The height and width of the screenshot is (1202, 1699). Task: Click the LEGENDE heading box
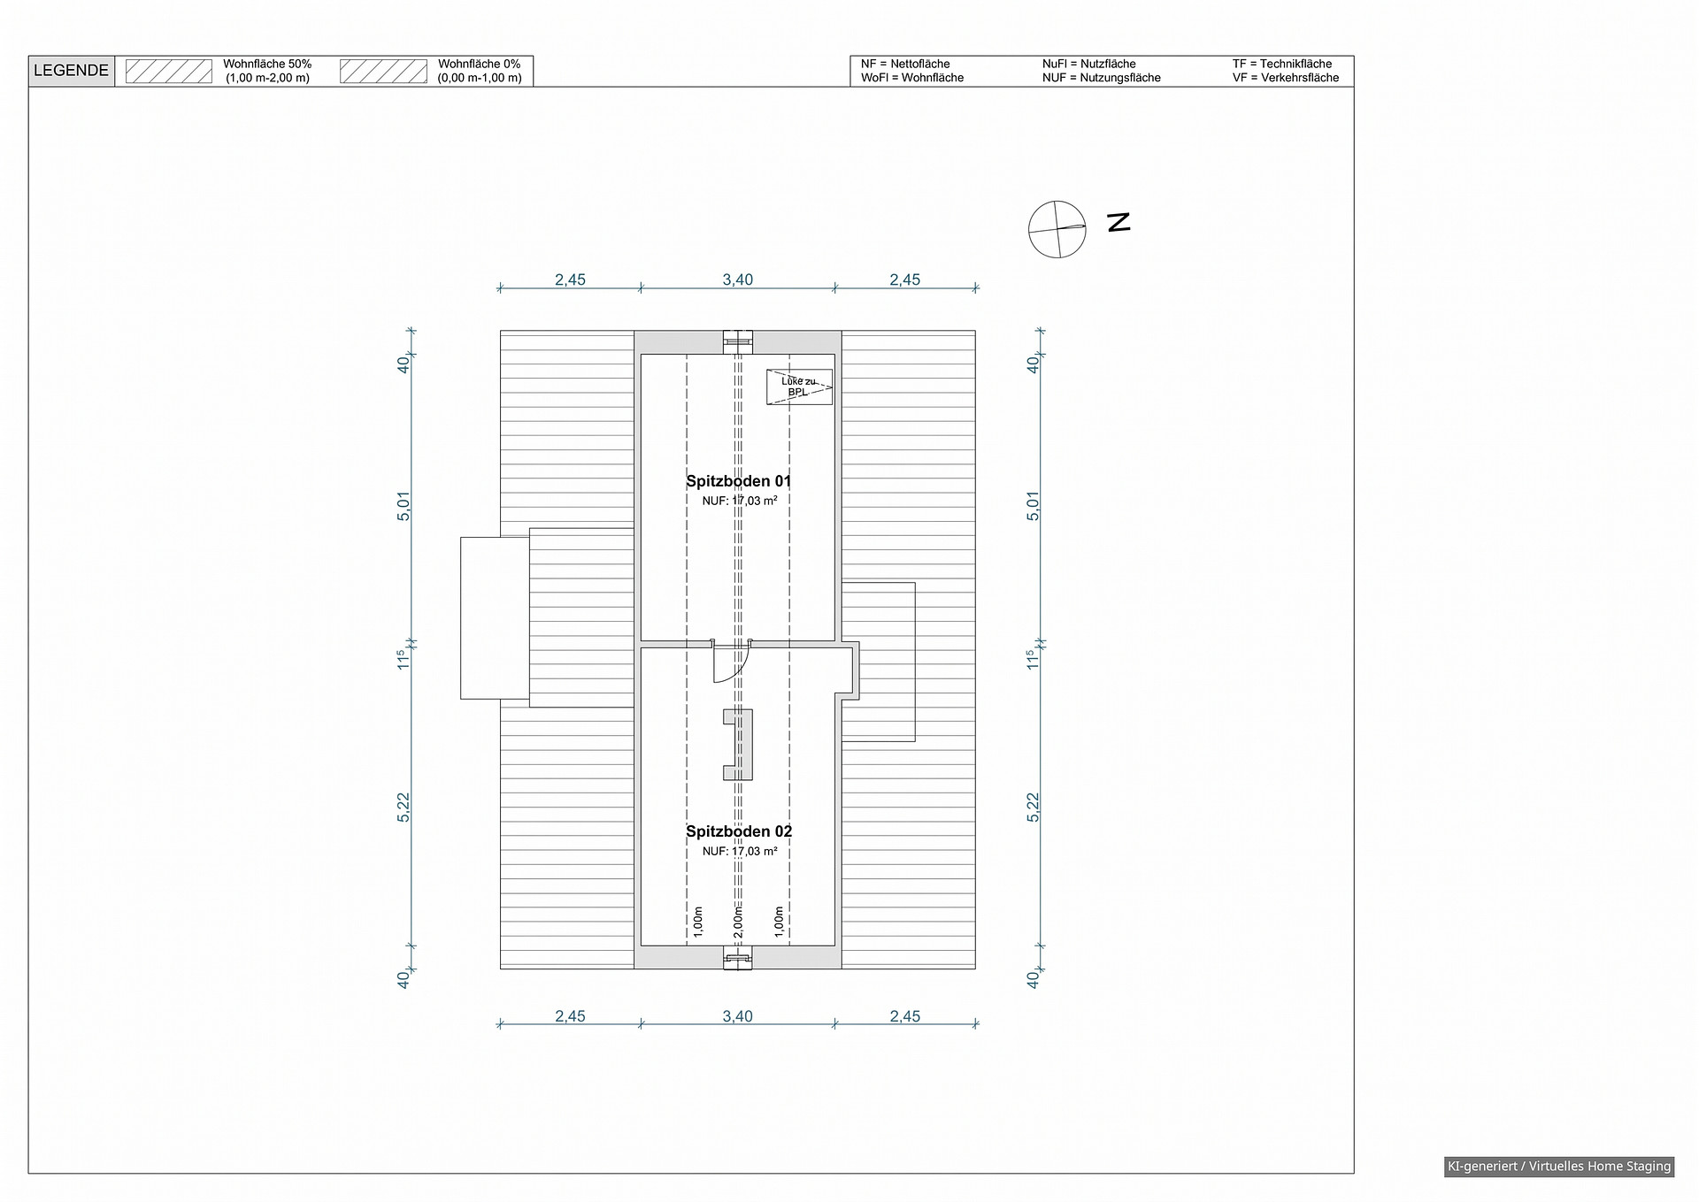[x=72, y=71]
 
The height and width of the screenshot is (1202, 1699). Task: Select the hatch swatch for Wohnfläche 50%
[x=169, y=71]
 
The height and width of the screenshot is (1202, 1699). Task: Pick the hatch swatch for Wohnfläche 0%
[x=384, y=71]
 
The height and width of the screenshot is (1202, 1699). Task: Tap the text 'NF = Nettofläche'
[x=905, y=64]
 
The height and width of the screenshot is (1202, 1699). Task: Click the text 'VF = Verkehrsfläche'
[x=1286, y=78]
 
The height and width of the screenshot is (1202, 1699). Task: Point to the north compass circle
[x=1057, y=229]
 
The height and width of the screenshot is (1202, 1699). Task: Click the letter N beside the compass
[x=1119, y=222]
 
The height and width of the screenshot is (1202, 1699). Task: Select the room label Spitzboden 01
[x=739, y=481]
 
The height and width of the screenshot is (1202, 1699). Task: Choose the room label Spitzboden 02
[x=739, y=831]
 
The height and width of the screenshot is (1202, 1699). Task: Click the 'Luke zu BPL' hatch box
[x=800, y=387]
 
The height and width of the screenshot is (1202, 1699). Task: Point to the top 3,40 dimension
[x=737, y=279]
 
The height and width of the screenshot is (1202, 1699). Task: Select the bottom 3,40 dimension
[x=737, y=1016]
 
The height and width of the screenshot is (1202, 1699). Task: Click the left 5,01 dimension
[x=404, y=505]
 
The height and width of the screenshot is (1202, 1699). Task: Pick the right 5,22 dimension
[x=1033, y=807]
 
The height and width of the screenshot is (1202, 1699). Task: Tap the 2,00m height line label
[x=738, y=922]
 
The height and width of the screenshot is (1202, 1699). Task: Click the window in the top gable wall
[x=738, y=342]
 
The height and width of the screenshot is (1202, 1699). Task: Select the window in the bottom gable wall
[x=738, y=958]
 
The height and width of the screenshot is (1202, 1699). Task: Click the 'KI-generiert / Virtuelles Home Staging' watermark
[x=1559, y=1167]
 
